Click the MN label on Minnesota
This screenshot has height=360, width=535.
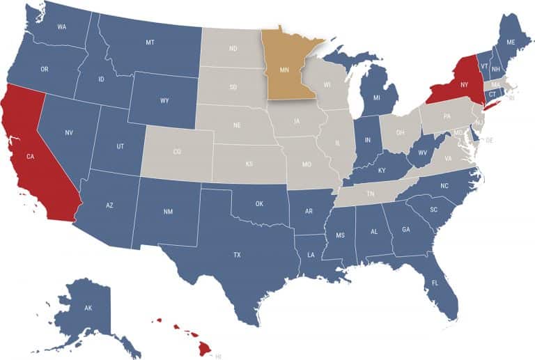285,70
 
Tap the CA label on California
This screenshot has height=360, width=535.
30,157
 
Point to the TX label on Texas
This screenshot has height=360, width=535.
237,256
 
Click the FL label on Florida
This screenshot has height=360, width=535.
435,283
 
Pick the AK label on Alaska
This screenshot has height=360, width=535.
88,307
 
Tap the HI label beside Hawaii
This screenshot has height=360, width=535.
218,355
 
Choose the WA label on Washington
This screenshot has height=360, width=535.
61,26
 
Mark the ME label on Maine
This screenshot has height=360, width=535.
511,42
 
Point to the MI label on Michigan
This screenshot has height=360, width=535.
376,97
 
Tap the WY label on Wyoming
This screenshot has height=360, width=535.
164,101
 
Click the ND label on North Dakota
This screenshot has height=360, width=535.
233,48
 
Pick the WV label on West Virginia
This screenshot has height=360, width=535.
423,152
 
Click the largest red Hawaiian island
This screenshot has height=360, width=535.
205,345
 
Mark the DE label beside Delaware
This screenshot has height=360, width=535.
489,140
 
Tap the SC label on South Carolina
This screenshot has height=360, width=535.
433,209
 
